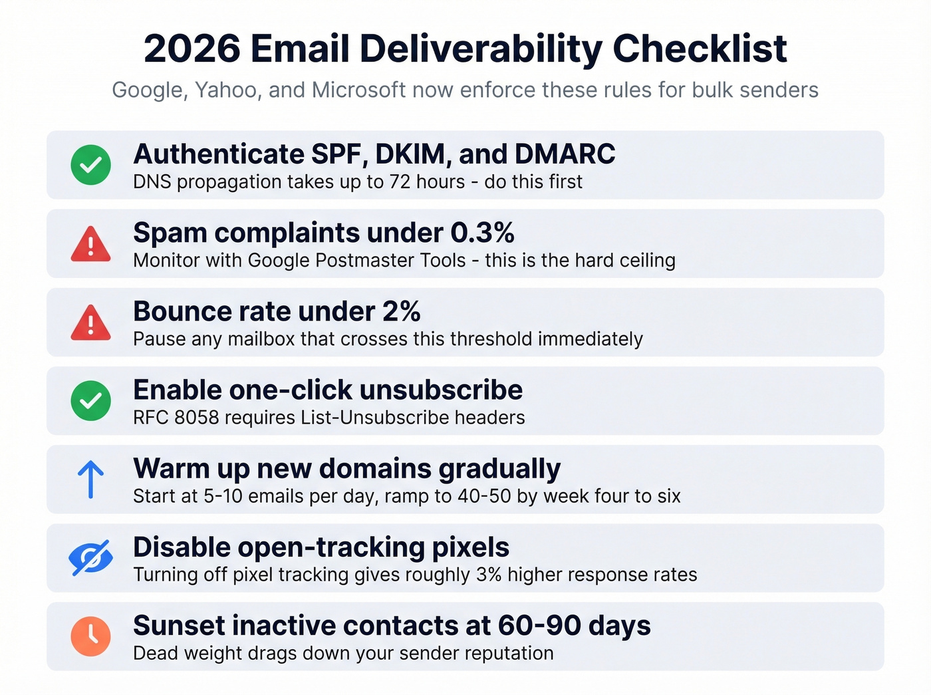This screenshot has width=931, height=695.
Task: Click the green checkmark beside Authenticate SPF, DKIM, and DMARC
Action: point(91,165)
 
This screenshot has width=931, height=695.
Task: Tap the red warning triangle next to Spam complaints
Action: point(91,244)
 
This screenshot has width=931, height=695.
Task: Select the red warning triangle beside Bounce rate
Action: point(91,323)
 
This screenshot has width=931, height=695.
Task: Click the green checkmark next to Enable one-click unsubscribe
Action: point(91,400)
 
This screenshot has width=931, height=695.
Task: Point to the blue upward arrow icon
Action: point(91,480)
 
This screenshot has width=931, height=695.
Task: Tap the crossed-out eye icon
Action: point(91,557)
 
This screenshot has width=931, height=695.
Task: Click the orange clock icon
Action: point(91,636)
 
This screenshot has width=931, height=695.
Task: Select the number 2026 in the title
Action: point(192,49)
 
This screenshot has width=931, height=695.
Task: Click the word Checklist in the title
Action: point(700,49)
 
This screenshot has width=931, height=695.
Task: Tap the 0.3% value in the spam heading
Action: point(482,233)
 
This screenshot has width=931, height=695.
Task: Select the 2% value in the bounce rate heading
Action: point(401,311)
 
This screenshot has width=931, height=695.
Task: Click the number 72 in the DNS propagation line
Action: point(400,182)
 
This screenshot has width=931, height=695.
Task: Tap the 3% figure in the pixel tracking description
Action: point(489,575)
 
